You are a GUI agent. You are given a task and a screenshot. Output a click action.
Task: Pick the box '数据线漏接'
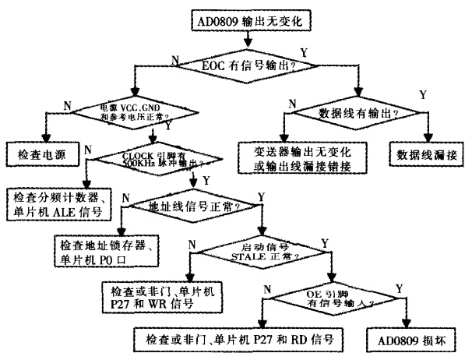(x=423, y=153)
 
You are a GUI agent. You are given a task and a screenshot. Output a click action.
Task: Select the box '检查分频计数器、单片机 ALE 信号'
(x=57, y=201)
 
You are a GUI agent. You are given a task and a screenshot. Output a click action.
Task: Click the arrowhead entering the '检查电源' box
(x=47, y=139)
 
